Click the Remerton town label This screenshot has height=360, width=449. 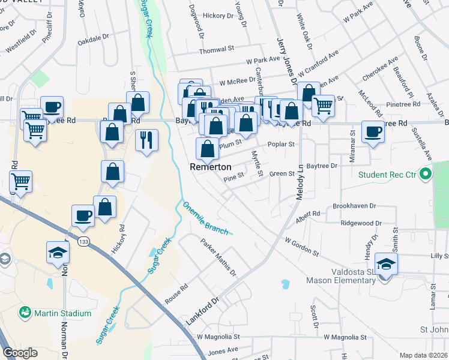coord(208,167)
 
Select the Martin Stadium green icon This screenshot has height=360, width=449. coord(25,313)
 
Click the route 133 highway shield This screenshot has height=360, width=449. coord(82,241)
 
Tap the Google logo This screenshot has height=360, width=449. coord(20,353)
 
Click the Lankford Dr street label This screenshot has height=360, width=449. coord(203,311)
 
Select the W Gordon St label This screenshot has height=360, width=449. coord(301,247)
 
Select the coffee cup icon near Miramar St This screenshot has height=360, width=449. coord(373,131)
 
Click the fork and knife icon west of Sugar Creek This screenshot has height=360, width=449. coord(146,140)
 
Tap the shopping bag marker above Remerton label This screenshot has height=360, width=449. coord(207,148)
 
